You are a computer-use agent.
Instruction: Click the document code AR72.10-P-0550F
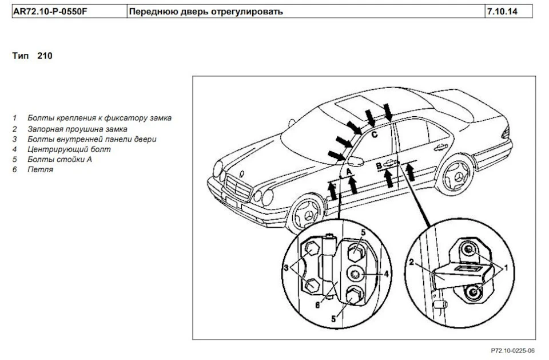coord(50,11)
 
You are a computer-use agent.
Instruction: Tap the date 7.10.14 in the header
coord(502,11)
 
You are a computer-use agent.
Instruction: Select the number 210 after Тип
coord(45,56)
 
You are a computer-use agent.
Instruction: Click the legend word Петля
coord(40,169)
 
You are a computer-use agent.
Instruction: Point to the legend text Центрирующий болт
coord(69,149)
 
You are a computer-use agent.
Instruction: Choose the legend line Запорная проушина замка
coord(77,129)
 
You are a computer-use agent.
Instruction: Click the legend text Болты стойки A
coord(59,160)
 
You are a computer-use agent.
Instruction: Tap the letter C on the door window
coord(374,134)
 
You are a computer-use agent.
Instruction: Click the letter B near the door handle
coord(379,166)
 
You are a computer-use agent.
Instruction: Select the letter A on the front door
coord(349,172)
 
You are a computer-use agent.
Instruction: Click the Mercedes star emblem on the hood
coord(241,173)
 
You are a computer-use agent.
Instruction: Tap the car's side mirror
coord(355,161)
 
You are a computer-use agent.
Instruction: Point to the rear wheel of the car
coord(455,176)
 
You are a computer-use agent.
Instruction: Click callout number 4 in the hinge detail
coord(386,274)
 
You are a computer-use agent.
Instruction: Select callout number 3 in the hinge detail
coord(286,268)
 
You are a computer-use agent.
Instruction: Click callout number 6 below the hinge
coord(317,305)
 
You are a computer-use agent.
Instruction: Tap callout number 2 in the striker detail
coord(411,262)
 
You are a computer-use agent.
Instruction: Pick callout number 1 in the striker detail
coord(506,268)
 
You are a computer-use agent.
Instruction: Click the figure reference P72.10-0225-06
coord(512,350)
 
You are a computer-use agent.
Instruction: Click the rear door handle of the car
coord(441,147)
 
